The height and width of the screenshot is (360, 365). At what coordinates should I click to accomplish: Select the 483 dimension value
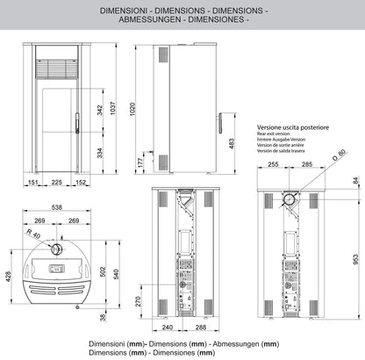point(232,142)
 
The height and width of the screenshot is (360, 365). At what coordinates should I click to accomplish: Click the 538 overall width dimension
point(57,208)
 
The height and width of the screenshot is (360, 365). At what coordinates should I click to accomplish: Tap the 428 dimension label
point(9,277)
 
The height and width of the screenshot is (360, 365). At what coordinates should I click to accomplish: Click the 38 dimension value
point(104,317)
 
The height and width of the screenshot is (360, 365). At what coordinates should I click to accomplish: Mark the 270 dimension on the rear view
point(140,300)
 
